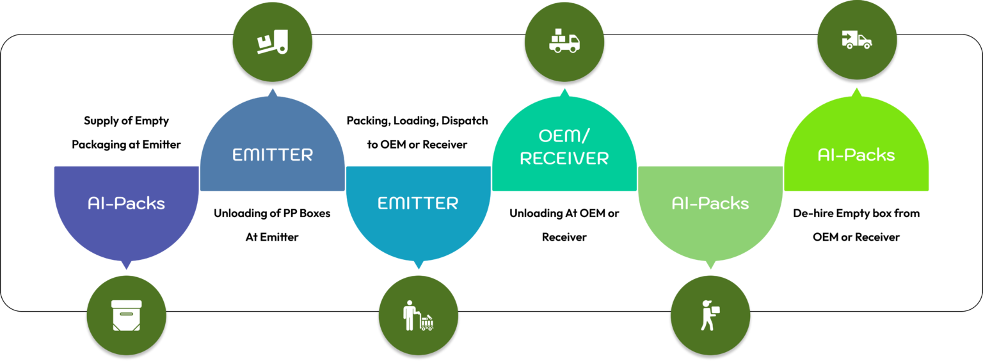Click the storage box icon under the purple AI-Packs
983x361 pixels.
(126, 316)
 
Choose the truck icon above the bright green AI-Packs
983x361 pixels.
(856, 40)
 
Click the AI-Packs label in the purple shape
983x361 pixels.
(126, 204)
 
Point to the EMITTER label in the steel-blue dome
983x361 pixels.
(273, 154)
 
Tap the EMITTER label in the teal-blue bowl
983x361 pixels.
(418, 204)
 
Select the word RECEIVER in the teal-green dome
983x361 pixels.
(564, 159)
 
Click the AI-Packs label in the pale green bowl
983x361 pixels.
(710, 204)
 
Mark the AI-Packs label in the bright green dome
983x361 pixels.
(856, 154)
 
